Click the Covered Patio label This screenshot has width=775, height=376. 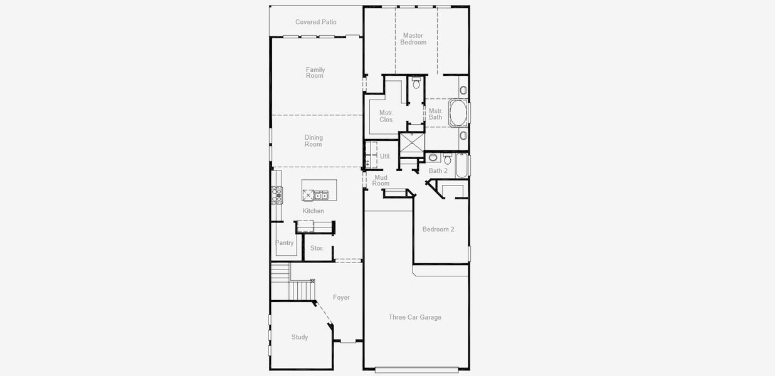[x=315, y=22]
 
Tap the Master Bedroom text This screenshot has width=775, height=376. [x=413, y=39]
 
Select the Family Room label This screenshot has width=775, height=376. [x=315, y=73]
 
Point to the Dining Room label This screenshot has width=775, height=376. [x=313, y=141]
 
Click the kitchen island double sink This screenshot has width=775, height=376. [x=320, y=195]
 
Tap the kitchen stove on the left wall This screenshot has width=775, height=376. [x=276, y=196]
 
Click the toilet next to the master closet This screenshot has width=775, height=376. [x=416, y=83]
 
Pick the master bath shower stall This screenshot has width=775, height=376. [x=412, y=144]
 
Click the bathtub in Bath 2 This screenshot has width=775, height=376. [x=461, y=165]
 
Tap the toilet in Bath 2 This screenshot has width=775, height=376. [x=447, y=159]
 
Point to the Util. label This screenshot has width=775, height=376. [x=385, y=156]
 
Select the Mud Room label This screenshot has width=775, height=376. [x=381, y=180]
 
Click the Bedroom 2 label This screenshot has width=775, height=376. [x=438, y=229]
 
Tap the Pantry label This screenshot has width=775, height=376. [x=284, y=243]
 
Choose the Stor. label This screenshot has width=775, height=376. [x=317, y=248]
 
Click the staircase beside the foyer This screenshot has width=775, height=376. [x=292, y=283]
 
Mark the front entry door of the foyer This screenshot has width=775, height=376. [x=347, y=342]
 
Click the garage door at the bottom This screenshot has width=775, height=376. [x=416, y=370]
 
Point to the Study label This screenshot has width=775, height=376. [x=299, y=337]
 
